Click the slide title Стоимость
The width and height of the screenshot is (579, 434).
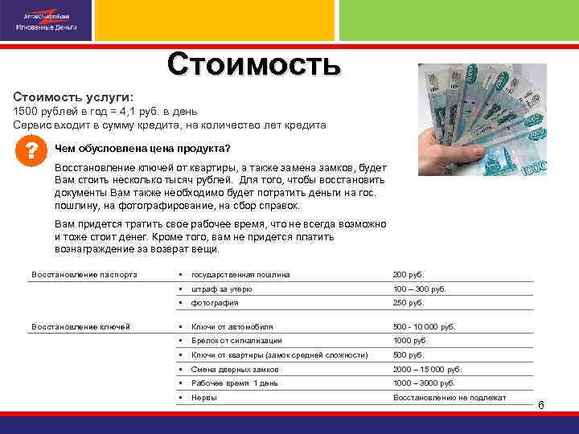click(x=254, y=65)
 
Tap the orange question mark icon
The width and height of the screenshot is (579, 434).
click(x=31, y=151)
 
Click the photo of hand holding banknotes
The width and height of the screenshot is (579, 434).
click(x=484, y=118)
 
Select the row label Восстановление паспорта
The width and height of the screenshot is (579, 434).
click(x=84, y=275)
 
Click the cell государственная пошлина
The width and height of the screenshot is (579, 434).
click(x=240, y=275)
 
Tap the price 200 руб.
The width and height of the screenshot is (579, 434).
click(x=408, y=275)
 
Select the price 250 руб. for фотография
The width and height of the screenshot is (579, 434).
click(x=408, y=303)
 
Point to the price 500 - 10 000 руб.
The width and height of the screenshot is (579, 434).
click(x=424, y=327)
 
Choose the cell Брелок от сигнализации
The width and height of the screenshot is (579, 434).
click(x=237, y=341)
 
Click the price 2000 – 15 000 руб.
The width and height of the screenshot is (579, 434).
click(x=427, y=369)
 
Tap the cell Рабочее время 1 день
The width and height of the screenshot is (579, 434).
click(x=234, y=383)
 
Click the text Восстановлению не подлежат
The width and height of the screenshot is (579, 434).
click(x=450, y=397)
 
